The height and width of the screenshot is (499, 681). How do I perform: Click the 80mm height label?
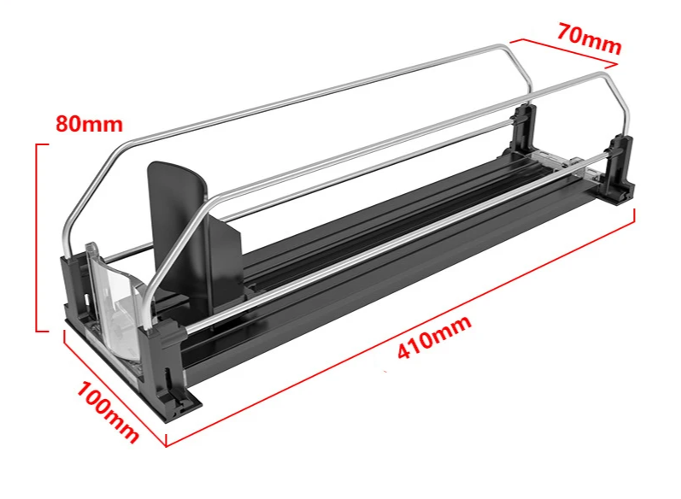(x=89, y=124)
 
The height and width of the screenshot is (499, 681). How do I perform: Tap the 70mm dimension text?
(x=590, y=39)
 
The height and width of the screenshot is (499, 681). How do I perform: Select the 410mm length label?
(x=434, y=337)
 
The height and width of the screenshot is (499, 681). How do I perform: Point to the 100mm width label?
(x=108, y=412)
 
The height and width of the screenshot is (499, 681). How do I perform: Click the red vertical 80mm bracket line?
(x=37, y=238)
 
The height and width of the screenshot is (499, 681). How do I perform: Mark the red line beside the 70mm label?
(x=563, y=53)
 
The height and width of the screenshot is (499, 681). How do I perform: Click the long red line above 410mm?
(x=401, y=328)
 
